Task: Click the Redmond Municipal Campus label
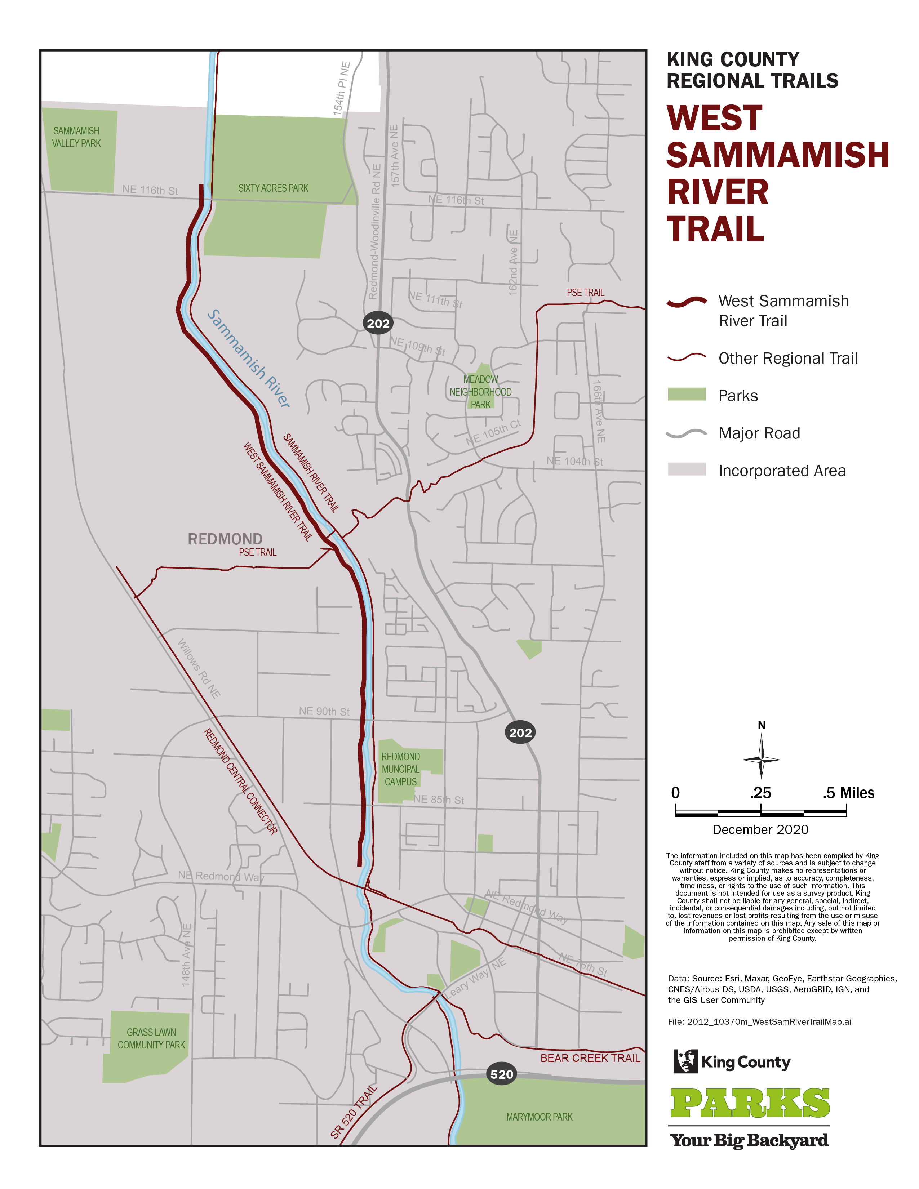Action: click(x=401, y=769)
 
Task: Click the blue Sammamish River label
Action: click(x=249, y=358)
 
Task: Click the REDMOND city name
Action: click(x=225, y=539)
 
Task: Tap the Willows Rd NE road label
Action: click(x=199, y=668)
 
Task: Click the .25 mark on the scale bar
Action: click(x=760, y=793)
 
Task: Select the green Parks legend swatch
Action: click(x=687, y=395)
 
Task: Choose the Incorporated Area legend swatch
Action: click(x=687, y=469)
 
